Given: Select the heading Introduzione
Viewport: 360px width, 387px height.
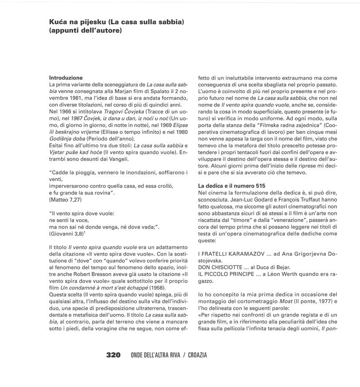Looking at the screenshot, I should click(x=66, y=78).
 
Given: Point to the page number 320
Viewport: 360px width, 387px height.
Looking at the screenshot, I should click(x=113, y=355).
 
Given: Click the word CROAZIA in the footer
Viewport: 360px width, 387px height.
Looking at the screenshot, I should click(x=197, y=355).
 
